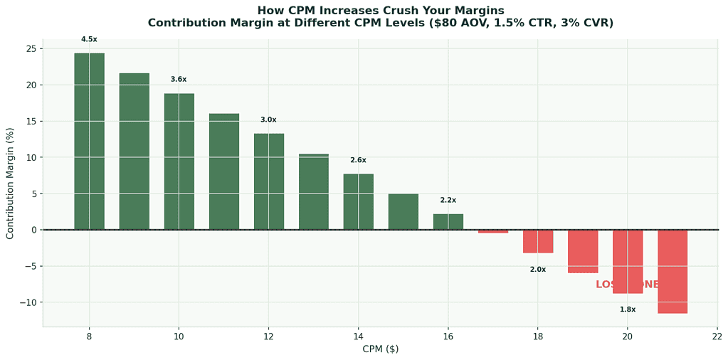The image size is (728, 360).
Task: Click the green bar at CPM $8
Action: tap(89, 141)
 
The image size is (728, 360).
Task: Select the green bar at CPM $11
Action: tap(223, 171)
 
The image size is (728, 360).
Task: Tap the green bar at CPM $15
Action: tap(403, 211)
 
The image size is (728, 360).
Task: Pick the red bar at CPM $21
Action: tap(672, 271)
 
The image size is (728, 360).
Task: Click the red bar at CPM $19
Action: tap(582, 251)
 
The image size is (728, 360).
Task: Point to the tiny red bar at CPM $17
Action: tap(492, 231)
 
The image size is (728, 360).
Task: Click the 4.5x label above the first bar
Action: tap(89, 39)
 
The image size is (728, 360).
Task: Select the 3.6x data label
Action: tap(179, 80)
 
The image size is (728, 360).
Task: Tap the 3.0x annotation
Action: tap(268, 120)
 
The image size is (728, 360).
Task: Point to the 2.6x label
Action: tap(358, 160)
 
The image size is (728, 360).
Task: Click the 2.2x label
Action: tap(448, 201)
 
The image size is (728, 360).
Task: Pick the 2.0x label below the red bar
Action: tap(537, 270)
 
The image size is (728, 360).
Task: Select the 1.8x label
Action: tap(627, 309)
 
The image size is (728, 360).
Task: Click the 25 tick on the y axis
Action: tap(31, 49)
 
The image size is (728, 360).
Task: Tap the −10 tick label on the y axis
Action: tap(27, 302)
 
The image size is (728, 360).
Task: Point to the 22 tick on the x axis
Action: tap(717, 337)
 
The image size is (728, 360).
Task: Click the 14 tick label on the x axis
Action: tap(358, 337)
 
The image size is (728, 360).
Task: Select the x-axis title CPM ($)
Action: tap(380, 349)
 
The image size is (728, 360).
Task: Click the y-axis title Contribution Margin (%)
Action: tap(10, 184)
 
